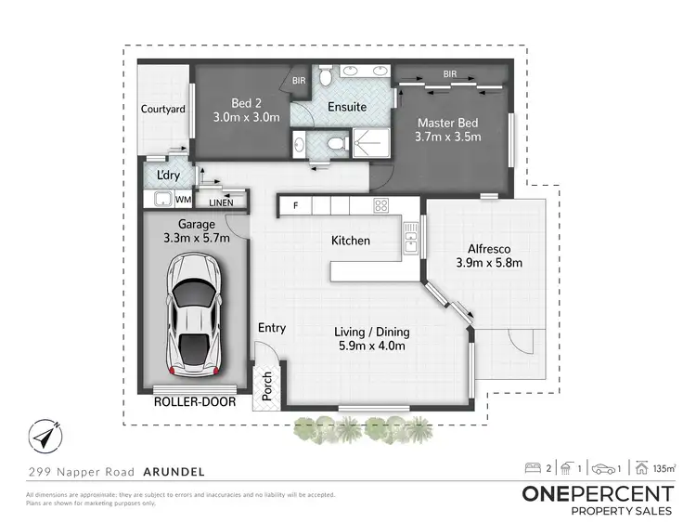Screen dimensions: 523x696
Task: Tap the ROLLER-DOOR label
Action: coord(194,403)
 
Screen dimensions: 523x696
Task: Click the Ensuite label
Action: coord(347,107)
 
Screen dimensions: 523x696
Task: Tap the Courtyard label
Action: coord(163,110)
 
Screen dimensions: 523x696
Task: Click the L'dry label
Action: coord(168,176)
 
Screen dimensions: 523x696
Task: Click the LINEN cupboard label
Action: coord(220,202)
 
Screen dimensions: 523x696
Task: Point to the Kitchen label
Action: coord(351,241)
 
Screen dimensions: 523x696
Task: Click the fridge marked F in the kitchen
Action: coord(295,204)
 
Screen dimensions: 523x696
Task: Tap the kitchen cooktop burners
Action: coord(380,204)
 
